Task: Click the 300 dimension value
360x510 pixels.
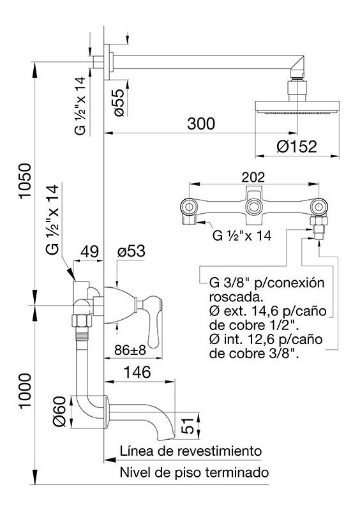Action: tap(201, 124)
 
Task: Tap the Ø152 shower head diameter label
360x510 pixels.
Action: tap(297, 147)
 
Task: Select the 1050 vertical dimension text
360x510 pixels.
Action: tap(25, 181)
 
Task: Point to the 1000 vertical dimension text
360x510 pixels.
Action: tap(25, 391)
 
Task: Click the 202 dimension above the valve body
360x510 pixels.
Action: tap(253, 177)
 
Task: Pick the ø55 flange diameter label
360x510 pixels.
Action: tap(118, 103)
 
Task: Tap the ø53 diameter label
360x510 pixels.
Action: tap(131, 251)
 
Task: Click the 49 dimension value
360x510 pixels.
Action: tap(89, 251)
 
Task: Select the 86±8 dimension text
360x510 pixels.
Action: tap(130, 350)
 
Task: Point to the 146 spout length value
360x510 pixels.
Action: tap(138, 372)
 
